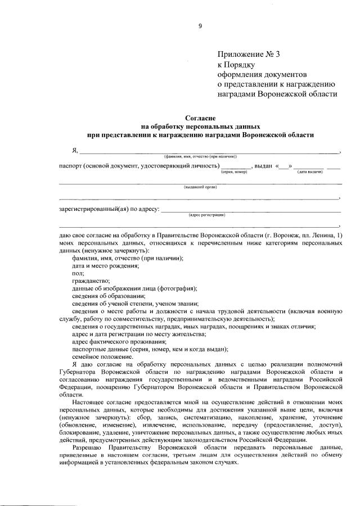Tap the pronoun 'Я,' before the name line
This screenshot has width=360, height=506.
point(74,150)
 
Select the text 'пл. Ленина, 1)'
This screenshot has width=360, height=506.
point(322,234)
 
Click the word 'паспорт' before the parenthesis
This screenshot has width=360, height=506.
point(71,166)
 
